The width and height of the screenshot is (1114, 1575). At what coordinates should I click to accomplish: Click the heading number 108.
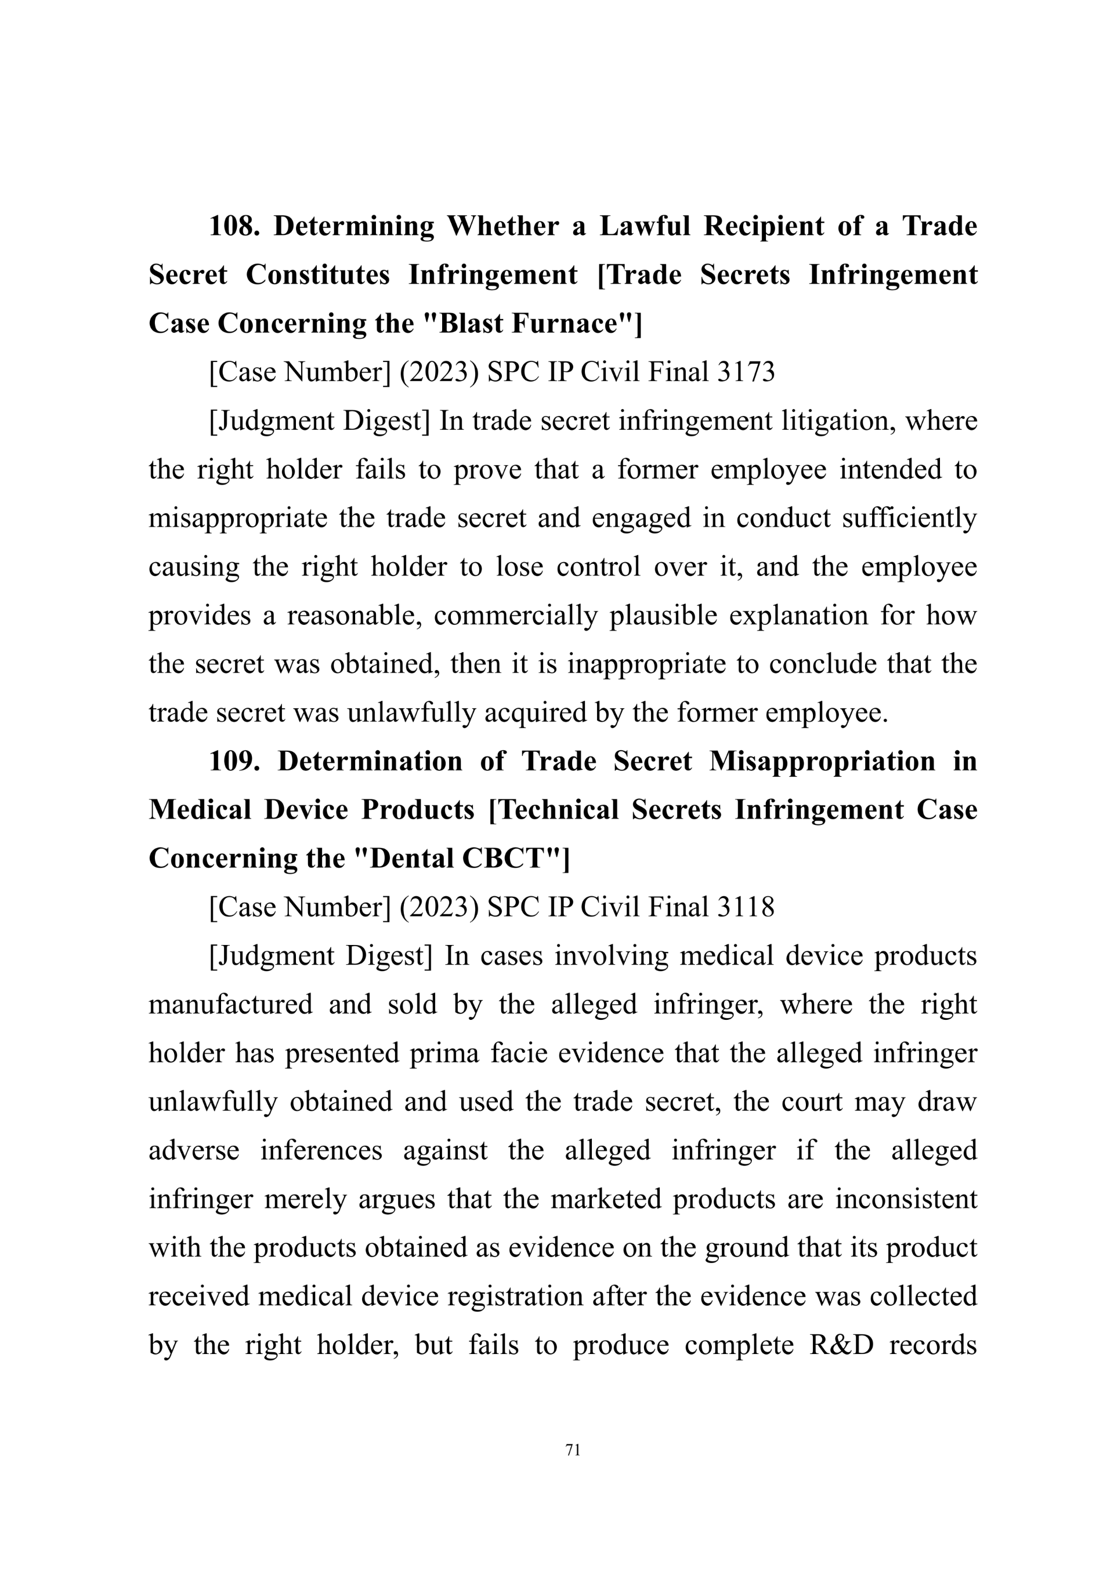coord(233,226)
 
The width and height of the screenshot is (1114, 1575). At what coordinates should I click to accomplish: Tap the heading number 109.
coord(234,762)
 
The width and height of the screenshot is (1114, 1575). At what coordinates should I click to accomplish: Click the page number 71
coord(573,1450)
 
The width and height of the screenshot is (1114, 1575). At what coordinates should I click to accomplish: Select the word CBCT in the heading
coord(504,859)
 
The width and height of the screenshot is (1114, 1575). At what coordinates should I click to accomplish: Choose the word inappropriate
coord(646,664)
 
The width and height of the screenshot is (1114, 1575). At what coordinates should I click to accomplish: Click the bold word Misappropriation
coord(822,762)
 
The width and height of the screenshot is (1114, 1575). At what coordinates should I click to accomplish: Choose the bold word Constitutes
coord(317,274)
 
